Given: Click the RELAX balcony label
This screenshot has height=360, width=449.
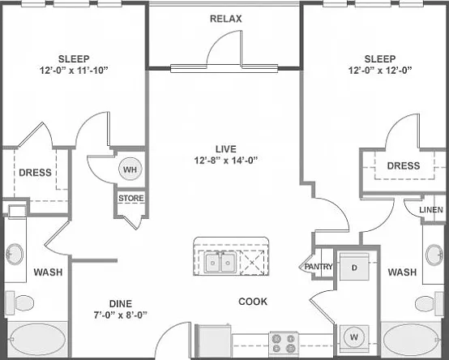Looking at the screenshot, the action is pyautogui.click(x=225, y=19).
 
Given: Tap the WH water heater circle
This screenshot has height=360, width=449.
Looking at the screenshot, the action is pyautogui.click(x=130, y=169).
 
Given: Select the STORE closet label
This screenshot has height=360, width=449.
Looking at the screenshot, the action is pyautogui.click(x=131, y=198).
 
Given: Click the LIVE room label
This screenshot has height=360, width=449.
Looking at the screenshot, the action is pyautogui.click(x=226, y=149).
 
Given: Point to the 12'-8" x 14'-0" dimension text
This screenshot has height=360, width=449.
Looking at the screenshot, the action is pyautogui.click(x=226, y=161).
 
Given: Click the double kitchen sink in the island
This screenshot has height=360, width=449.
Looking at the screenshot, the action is pyautogui.click(x=220, y=262).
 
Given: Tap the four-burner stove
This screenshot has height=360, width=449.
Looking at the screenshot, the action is pyautogui.click(x=284, y=344).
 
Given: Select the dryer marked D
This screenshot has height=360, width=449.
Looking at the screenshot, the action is pyautogui.click(x=354, y=267).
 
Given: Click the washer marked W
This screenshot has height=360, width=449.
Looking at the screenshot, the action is pyautogui.click(x=354, y=337).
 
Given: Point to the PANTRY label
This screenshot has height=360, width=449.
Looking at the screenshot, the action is pyautogui.click(x=319, y=267).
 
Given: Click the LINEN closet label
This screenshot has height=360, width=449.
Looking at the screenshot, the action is pyautogui.click(x=431, y=210).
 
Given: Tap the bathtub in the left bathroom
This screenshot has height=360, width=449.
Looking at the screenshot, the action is pyautogui.click(x=38, y=340).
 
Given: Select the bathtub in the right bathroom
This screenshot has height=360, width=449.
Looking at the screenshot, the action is pyautogui.click(x=411, y=340).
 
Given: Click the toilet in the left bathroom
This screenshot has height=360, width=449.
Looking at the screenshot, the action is pyautogui.click(x=19, y=302).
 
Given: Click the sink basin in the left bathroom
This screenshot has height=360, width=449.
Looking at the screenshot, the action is pyautogui.click(x=15, y=255).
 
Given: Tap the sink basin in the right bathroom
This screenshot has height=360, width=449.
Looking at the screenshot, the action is pyautogui.click(x=434, y=255).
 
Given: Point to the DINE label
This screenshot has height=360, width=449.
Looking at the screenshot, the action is pyautogui.click(x=121, y=303).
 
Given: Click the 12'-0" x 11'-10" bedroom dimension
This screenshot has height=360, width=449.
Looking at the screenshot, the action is pyautogui.click(x=75, y=71).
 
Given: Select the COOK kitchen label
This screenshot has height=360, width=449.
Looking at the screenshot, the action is pyautogui.click(x=253, y=302).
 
